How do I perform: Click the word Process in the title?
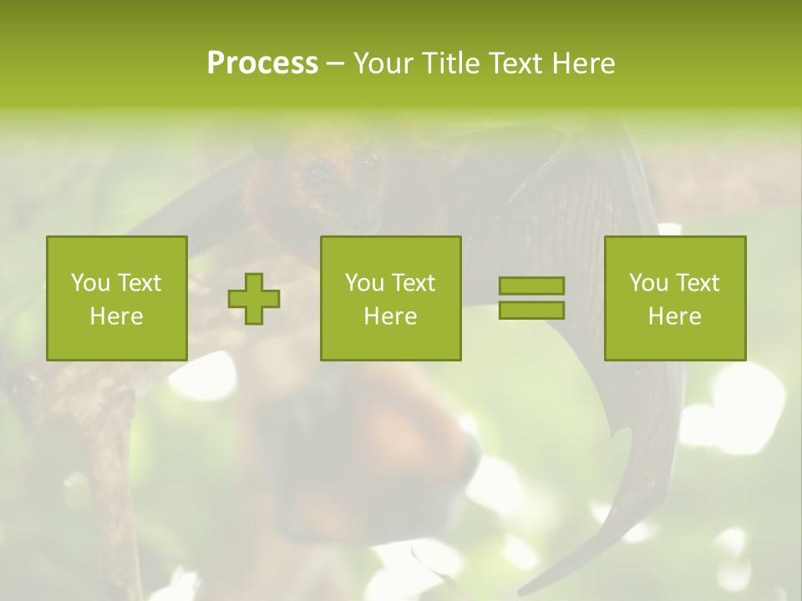point(262,63)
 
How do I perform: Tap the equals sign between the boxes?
point(531,298)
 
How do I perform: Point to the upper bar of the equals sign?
point(531,286)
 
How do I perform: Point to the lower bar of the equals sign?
point(531,310)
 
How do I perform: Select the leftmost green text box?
point(116,298)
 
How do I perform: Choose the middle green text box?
point(390,298)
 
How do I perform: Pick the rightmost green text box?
point(674,298)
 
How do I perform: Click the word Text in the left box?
point(139,283)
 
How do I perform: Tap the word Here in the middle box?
point(390,316)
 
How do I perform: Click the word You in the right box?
point(649,283)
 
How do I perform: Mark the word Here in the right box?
point(674,316)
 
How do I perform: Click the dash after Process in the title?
point(335,63)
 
